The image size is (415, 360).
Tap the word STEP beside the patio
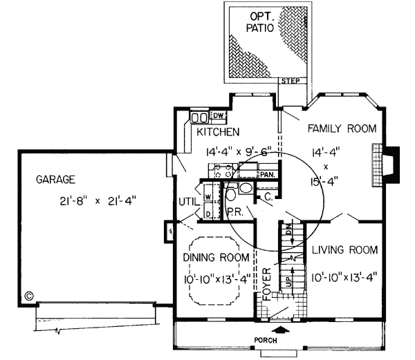point(289,82)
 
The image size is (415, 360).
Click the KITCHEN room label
point(218,131)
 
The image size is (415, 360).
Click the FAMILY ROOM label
point(342,129)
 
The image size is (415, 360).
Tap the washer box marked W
point(207,197)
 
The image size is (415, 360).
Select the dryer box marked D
point(207,214)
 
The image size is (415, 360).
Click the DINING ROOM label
point(216,258)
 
